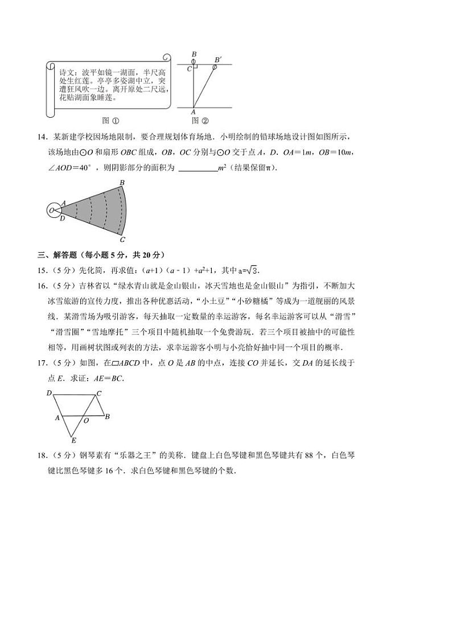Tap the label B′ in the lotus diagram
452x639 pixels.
218,59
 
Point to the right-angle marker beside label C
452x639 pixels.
195,67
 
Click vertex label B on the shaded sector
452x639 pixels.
122,183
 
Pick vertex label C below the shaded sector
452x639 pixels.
122,240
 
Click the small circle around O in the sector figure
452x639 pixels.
53,210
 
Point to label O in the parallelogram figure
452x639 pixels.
86,422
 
